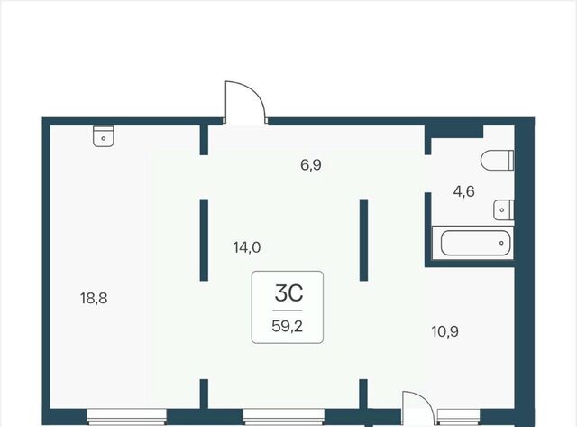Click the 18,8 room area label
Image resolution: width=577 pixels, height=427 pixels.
(94, 298)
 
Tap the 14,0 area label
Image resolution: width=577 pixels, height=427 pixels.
(247, 247)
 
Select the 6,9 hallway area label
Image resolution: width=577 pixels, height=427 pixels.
(311, 165)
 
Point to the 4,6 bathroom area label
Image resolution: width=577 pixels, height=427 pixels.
(464, 191)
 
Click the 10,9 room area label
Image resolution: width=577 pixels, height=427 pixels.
(444, 331)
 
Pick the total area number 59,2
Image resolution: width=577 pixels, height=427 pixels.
(288, 326)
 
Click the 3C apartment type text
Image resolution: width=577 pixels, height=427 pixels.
(288, 293)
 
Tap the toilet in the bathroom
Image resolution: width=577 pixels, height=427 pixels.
(497, 161)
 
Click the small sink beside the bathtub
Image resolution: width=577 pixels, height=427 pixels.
(503, 210)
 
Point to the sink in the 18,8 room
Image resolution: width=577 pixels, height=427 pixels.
(104, 136)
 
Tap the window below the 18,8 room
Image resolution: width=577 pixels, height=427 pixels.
(126, 416)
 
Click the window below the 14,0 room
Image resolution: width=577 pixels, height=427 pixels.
(284, 416)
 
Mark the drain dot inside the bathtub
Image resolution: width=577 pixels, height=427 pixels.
(501, 243)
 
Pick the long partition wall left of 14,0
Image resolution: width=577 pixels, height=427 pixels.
(204, 240)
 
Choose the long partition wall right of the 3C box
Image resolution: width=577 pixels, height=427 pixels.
(363, 240)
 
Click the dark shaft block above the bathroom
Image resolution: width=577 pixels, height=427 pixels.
(454, 132)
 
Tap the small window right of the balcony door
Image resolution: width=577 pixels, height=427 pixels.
(459, 416)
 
